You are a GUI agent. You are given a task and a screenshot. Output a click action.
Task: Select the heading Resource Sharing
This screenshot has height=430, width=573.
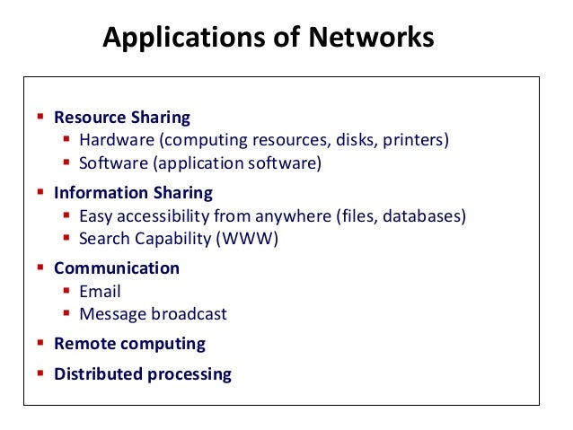(x=122, y=118)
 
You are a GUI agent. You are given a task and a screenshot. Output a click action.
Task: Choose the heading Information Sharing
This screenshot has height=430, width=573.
(x=133, y=193)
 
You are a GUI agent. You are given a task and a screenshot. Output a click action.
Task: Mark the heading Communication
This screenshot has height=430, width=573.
(x=117, y=268)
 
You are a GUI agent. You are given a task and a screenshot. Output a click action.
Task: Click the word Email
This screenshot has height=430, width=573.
(x=100, y=292)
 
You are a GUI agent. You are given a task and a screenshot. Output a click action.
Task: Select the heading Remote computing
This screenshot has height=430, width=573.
(x=129, y=344)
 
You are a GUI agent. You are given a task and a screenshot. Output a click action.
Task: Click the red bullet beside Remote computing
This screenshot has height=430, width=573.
(x=40, y=343)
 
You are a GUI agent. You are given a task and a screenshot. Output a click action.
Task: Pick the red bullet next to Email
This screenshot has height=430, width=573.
(x=66, y=291)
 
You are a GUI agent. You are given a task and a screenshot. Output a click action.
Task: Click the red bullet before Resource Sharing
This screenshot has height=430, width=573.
(x=40, y=117)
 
